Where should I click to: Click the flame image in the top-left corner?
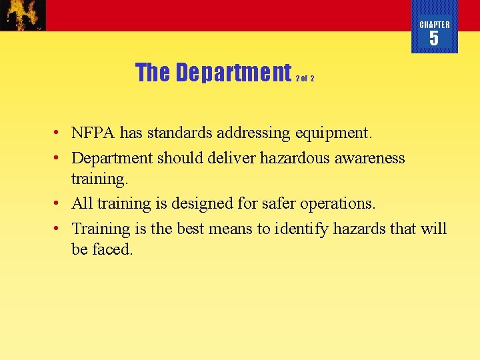tap(23, 15)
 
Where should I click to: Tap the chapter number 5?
tap(434, 39)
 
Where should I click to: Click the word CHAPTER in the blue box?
tap(434, 25)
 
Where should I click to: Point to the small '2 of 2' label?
tap(305, 78)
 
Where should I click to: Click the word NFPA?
tap(94, 133)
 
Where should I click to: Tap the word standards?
tap(179, 133)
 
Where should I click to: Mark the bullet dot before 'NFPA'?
tap(59, 133)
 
